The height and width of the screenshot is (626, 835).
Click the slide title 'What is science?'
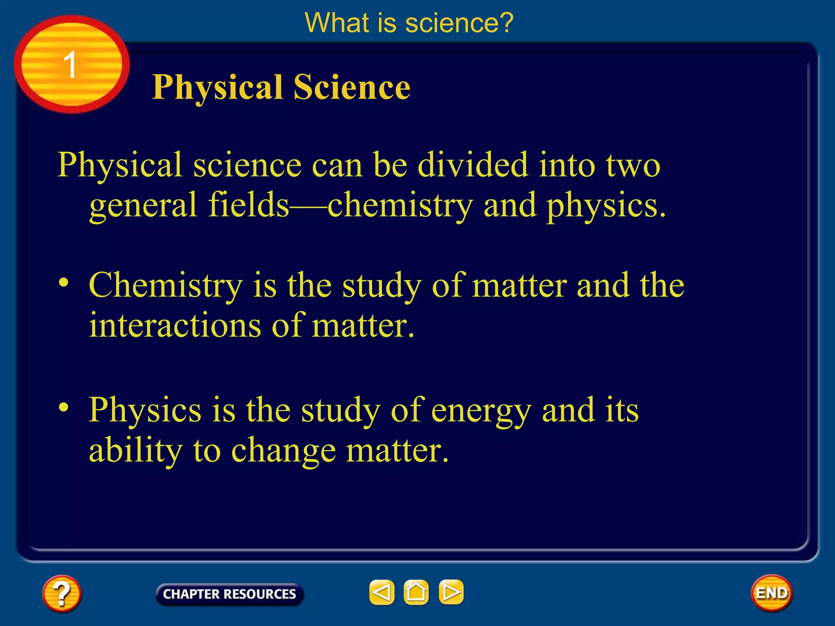point(409,23)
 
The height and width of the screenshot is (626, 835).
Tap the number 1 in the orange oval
point(70,65)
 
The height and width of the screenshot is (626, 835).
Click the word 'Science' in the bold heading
point(351,87)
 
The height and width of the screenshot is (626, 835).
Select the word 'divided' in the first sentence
point(473,165)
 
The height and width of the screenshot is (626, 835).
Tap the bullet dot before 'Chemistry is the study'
point(63,282)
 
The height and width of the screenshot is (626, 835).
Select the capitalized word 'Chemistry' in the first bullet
point(166,286)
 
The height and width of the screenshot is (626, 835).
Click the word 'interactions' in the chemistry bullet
point(175,325)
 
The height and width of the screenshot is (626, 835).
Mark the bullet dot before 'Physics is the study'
point(63,407)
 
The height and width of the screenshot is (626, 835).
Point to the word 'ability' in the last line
point(135,451)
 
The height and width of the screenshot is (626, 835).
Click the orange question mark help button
point(62,593)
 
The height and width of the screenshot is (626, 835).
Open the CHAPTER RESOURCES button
point(229,594)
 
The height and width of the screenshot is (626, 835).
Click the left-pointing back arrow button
point(382,592)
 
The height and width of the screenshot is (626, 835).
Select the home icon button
point(416,592)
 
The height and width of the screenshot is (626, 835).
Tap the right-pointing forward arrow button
point(451,592)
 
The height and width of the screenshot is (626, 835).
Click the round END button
point(771,593)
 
